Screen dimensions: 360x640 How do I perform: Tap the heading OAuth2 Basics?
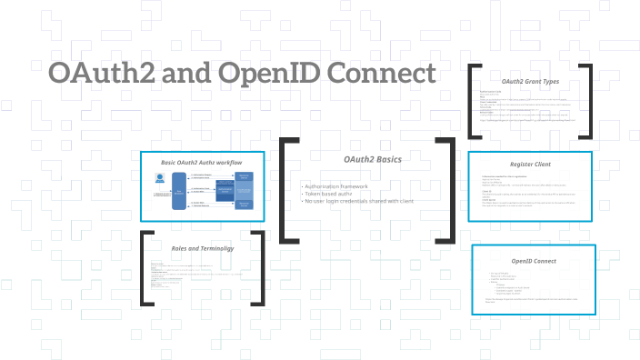372,160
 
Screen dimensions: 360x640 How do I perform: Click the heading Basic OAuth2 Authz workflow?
202,162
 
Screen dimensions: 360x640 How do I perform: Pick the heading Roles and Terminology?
202,247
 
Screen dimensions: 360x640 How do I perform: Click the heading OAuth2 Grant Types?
530,81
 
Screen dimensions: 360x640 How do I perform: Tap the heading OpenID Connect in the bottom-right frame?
534,261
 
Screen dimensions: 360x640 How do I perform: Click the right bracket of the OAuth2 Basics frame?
452,190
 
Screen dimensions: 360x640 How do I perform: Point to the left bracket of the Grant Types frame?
472,101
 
